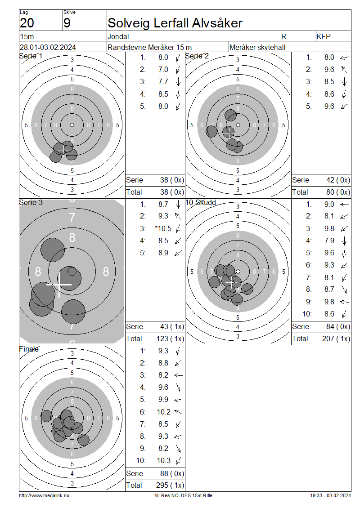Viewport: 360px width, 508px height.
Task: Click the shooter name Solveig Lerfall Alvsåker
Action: [175, 23]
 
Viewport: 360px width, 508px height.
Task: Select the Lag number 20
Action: [27, 23]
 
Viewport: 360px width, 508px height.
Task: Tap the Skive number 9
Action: [67, 23]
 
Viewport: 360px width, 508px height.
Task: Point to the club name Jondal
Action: [118, 36]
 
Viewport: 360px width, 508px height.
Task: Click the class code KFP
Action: [324, 36]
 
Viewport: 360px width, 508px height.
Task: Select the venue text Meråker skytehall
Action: [257, 47]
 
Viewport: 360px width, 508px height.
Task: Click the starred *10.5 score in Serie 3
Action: [163, 228]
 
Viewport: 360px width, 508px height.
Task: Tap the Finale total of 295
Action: [162, 485]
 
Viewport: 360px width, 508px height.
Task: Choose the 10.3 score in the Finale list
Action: [164, 460]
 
